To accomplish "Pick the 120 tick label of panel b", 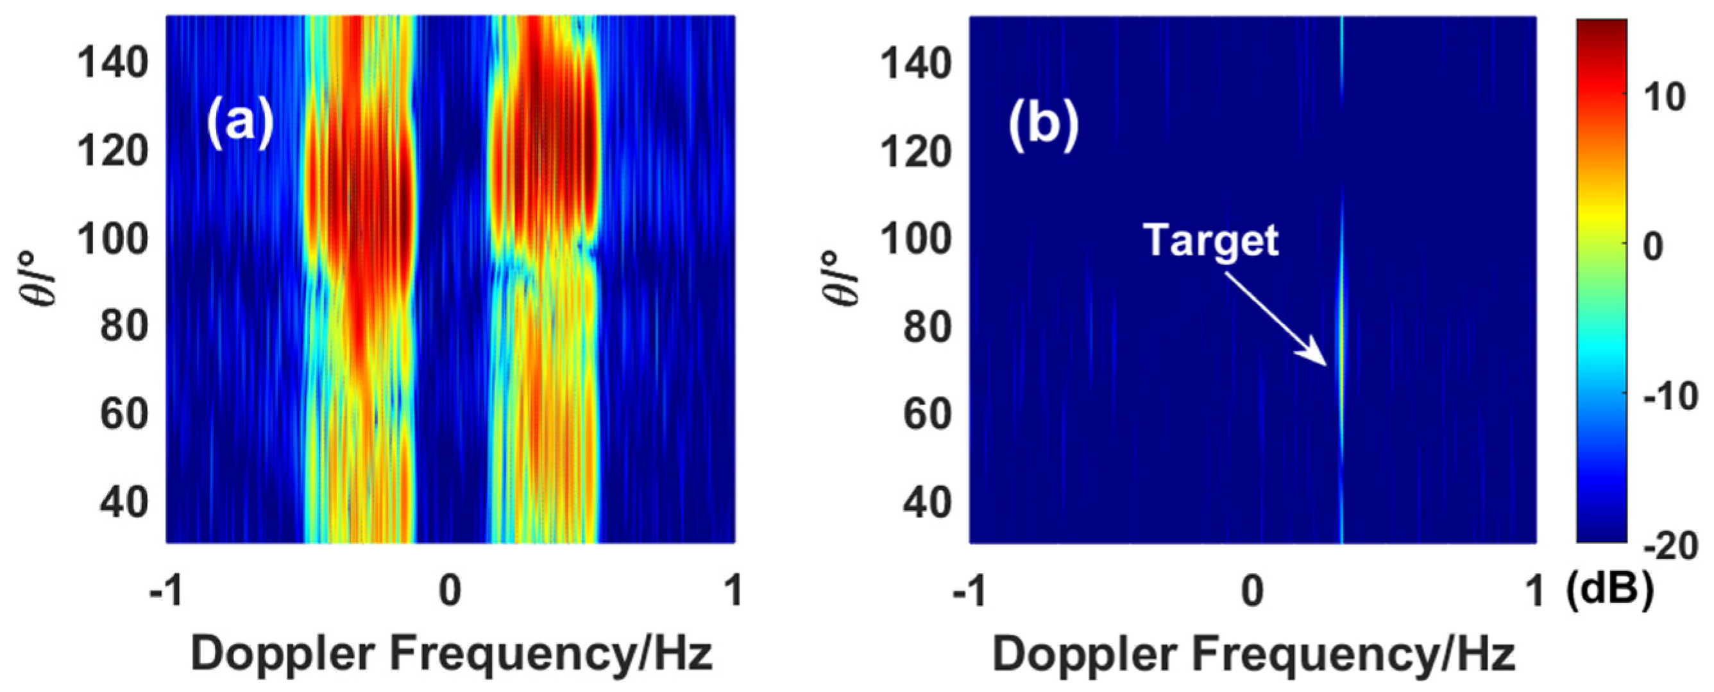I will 915,152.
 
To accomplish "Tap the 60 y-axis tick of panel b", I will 927,413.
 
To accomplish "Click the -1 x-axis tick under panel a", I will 166,590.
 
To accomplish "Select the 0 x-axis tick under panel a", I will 450,590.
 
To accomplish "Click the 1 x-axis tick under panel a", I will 734,590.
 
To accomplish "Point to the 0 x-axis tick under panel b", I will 1253,590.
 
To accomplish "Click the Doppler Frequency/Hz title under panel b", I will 1253,654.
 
